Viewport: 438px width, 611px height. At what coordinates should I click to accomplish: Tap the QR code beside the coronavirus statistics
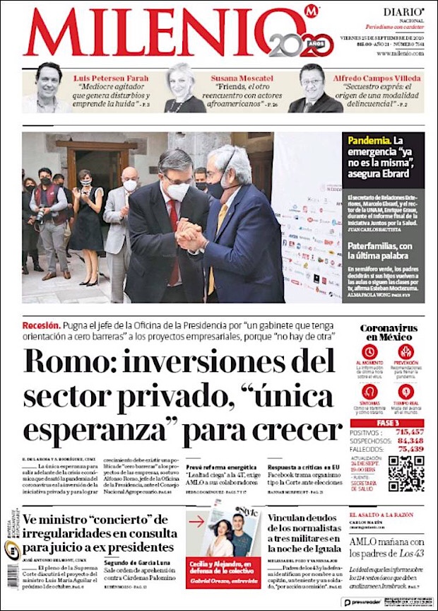coord(406,474)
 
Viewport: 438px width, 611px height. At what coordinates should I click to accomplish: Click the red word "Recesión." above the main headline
coord(40,325)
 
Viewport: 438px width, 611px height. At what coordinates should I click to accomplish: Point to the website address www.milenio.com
coord(400,53)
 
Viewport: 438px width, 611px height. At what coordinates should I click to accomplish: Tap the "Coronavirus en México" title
coord(388,333)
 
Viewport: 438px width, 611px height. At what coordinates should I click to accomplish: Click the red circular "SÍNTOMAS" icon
coord(369,391)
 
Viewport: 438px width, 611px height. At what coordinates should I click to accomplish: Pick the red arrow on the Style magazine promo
coord(197,522)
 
